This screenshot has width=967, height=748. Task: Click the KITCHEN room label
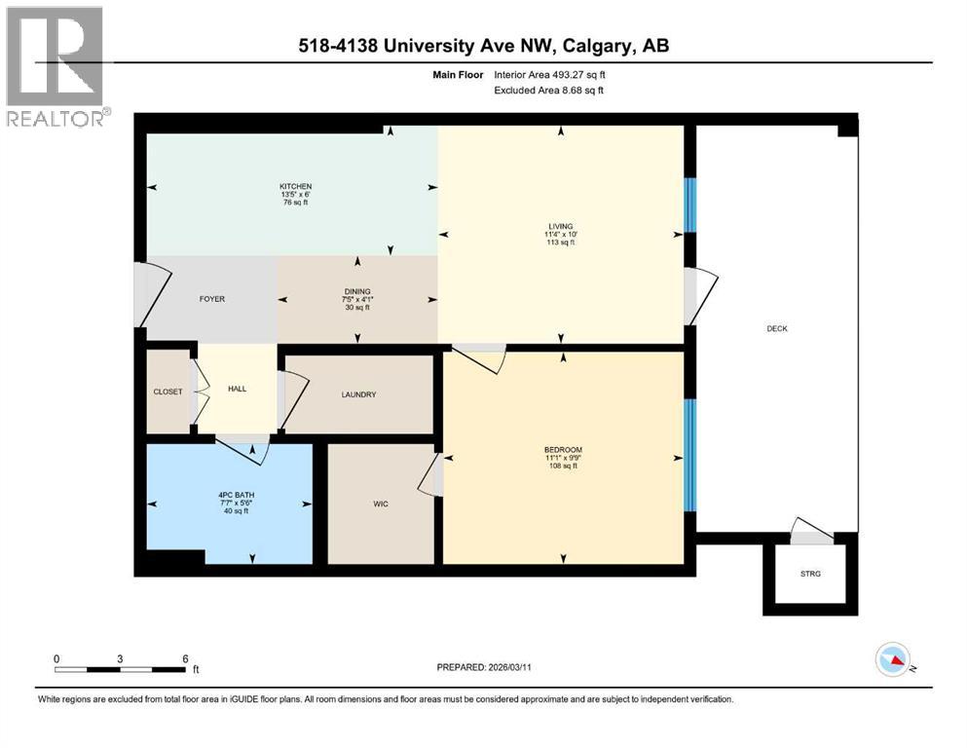pos(295,186)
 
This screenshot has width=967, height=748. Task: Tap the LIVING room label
pos(560,226)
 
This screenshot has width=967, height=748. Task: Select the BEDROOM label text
pos(563,449)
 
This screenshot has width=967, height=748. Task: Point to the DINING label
pos(357,291)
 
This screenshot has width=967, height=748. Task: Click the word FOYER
pos(211,299)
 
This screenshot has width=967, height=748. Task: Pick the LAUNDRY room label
pos(358,394)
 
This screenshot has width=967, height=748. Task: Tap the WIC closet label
pos(381,504)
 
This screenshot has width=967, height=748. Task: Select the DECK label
pos(776,328)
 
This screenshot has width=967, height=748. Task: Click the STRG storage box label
pos(810,574)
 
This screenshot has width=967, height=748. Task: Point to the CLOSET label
pos(167,392)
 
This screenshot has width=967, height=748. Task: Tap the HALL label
pos(237,389)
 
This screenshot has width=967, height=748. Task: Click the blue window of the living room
pos(690,205)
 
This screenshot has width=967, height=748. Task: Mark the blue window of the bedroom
pos(690,455)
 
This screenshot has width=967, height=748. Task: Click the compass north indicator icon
pos(893,661)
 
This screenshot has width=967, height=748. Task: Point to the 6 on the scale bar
pos(185,657)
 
